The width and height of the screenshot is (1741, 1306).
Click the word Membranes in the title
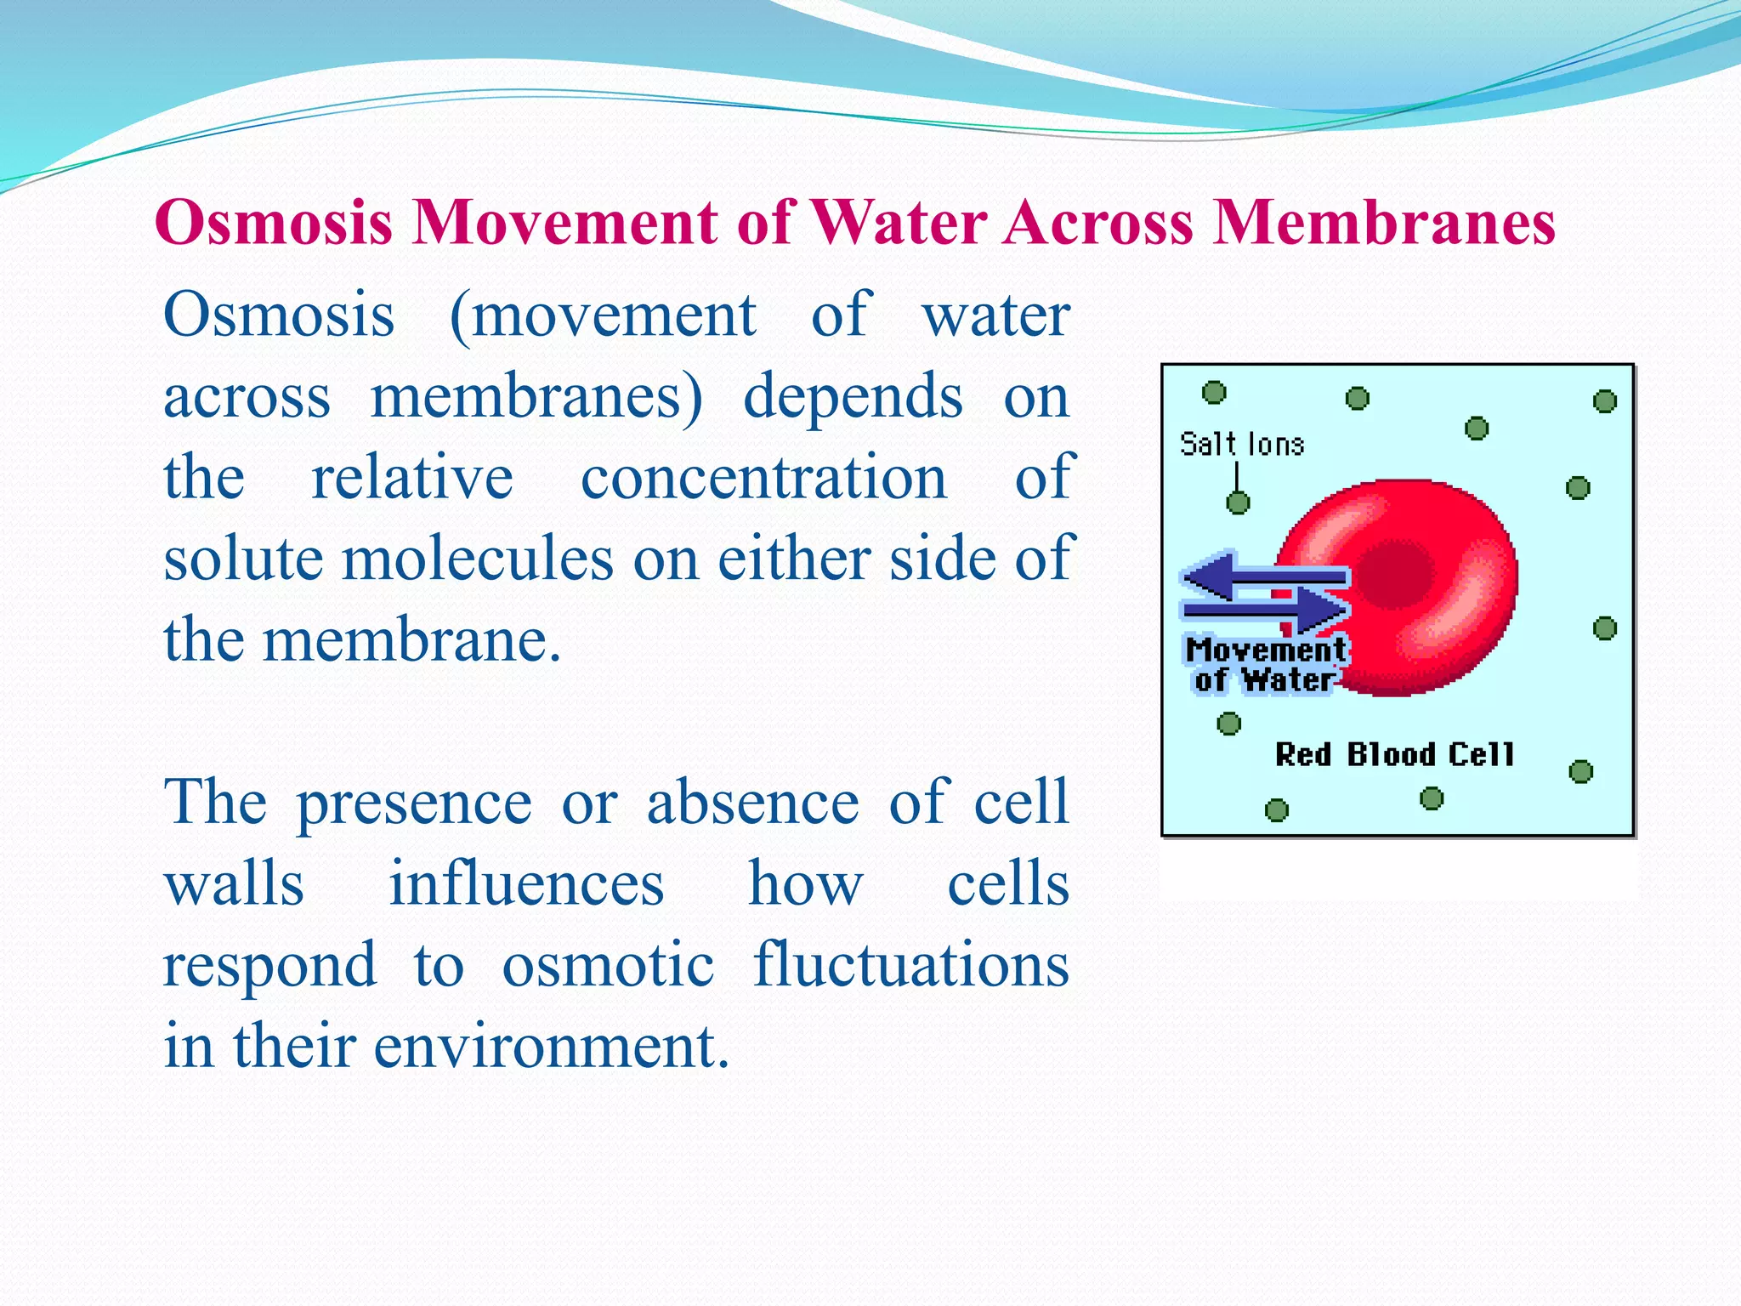click(1383, 223)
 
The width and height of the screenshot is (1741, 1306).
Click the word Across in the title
click(1099, 223)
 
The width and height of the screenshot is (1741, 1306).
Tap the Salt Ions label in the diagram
click(1242, 444)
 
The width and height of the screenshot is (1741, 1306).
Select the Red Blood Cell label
click(1394, 754)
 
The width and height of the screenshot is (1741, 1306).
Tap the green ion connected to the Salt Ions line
click(1238, 503)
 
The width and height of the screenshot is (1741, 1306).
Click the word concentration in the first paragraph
click(763, 478)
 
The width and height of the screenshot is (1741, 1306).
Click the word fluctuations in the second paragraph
click(910, 966)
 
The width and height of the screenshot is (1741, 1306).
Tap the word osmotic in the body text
click(607, 966)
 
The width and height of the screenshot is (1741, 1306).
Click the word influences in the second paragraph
click(526, 884)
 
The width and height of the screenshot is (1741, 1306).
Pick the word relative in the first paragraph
click(412, 478)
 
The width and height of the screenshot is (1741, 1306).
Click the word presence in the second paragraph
click(414, 803)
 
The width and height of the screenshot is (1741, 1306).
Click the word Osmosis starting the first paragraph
click(279, 315)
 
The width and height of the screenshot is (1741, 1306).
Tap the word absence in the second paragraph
click(752, 803)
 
